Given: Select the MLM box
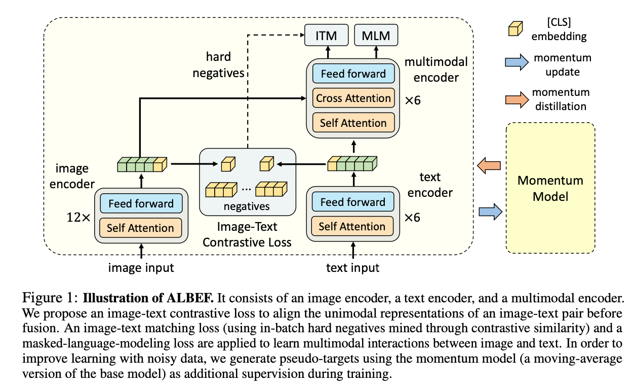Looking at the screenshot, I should pyautogui.click(x=376, y=36).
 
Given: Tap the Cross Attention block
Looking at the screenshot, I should pyautogui.click(x=353, y=98).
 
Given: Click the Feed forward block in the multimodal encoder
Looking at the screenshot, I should pyautogui.click(x=353, y=74).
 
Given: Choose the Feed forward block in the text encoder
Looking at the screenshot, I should pyautogui.click(x=353, y=202).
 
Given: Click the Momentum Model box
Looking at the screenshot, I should pyautogui.click(x=550, y=188).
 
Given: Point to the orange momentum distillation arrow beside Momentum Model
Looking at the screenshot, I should pyautogui.click(x=489, y=165).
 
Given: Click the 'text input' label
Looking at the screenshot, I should pyautogui.click(x=353, y=267).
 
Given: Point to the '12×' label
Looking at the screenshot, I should pyautogui.click(x=78, y=218).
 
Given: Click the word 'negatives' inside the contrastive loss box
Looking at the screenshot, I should pyautogui.click(x=247, y=206).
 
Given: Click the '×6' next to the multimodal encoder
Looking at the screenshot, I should pyautogui.click(x=413, y=100).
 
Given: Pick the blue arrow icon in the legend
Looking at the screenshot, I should pyautogui.click(x=516, y=62).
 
